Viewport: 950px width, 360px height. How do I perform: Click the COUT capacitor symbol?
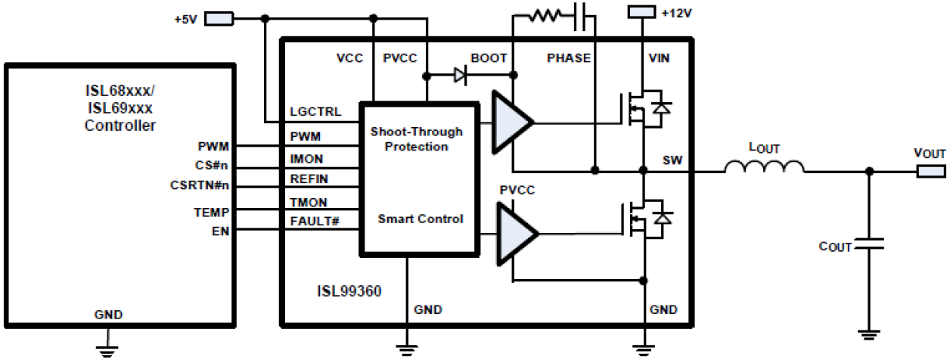[871, 246]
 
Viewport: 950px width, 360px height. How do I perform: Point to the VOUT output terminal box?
[930, 171]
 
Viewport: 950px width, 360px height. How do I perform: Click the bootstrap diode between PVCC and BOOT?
[461, 74]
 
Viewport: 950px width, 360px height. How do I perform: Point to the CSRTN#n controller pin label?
[201, 185]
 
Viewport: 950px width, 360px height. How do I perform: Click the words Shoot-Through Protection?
[417, 139]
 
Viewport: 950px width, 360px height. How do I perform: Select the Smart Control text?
[421, 219]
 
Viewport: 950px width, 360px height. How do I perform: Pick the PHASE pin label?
[569, 57]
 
